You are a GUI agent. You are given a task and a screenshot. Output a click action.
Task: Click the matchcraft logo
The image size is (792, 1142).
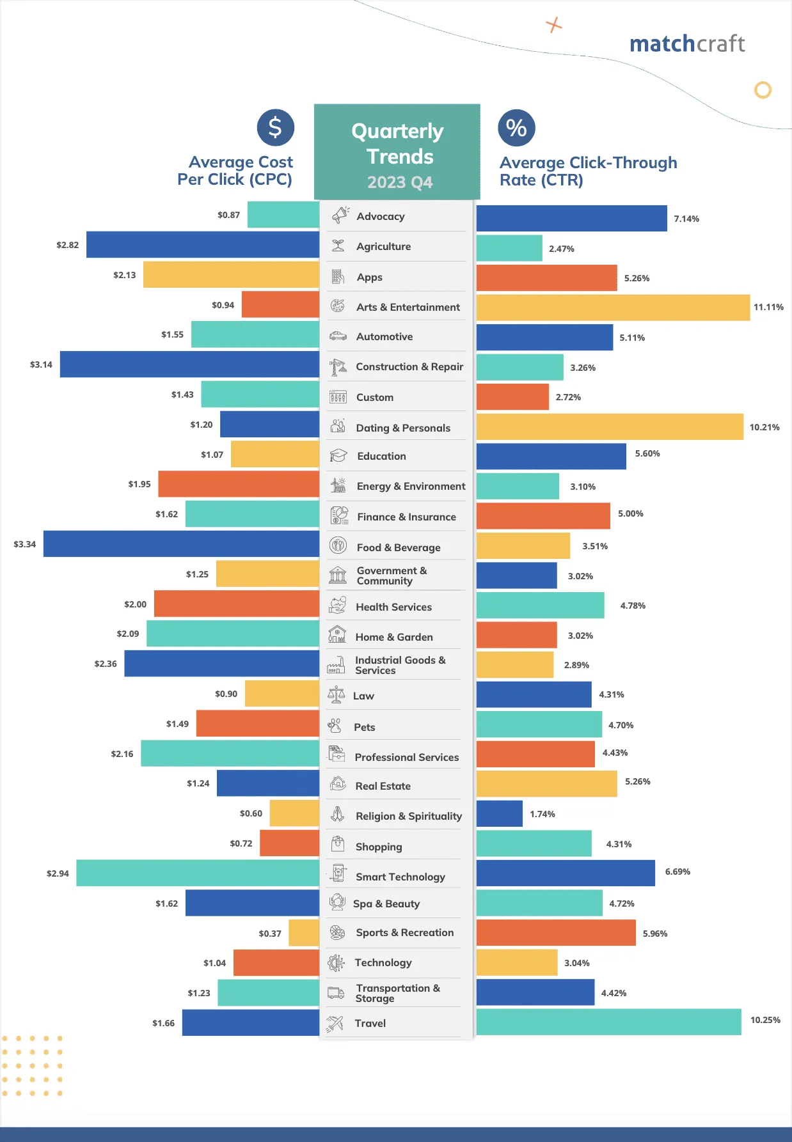pos(687,43)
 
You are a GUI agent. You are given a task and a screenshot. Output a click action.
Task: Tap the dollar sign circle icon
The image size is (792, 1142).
pos(275,127)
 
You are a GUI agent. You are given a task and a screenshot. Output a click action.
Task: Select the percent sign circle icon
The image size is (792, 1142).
pos(516,128)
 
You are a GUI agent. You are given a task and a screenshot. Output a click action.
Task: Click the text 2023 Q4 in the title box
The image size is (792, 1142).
pos(400,182)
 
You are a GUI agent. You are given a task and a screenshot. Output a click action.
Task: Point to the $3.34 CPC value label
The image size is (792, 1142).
pos(25,544)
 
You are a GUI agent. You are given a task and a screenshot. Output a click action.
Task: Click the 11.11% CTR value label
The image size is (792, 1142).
pos(768,307)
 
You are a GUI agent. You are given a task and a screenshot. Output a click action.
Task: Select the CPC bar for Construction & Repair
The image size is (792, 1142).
pos(189,364)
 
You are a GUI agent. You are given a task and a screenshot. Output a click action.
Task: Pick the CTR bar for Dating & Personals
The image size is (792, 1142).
pos(610,426)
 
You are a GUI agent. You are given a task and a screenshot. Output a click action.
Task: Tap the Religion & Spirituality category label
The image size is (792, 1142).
pos(408,816)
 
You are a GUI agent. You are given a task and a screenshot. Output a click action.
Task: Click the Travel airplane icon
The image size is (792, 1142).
pos(335,1023)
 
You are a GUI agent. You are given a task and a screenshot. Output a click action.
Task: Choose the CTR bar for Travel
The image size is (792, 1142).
pos(608,1022)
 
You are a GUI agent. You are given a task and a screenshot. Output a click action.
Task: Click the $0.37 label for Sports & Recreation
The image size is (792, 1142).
pos(270,934)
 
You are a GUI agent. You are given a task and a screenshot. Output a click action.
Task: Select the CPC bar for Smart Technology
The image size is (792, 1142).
pos(197,873)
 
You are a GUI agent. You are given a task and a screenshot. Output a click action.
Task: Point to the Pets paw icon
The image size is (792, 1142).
pos(335,726)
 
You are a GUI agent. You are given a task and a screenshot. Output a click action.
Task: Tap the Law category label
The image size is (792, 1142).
pos(363,696)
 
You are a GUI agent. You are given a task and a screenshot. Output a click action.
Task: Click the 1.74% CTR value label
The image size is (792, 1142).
pos(542,814)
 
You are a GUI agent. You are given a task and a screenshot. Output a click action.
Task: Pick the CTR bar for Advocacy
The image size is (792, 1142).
pos(571,218)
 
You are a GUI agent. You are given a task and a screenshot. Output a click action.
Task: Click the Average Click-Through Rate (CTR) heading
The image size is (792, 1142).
pos(587,171)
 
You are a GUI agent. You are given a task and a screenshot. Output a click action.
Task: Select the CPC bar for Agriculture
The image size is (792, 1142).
pos(202,244)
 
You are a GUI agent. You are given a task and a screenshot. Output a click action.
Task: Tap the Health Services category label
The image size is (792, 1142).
pos(393,607)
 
